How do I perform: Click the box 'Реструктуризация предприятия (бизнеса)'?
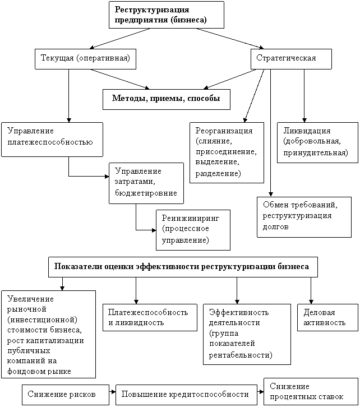click(167, 15)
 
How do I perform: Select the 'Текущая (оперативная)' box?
click(85, 59)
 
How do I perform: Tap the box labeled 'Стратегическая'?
click(291, 59)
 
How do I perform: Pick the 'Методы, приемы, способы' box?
click(167, 99)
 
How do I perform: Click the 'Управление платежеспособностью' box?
click(52, 140)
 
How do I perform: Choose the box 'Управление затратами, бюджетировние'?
click(146, 183)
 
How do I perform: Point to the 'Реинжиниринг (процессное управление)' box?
click(193, 230)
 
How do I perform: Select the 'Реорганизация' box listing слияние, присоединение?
click(227, 152)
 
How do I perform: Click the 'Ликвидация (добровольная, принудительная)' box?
click(318, 142)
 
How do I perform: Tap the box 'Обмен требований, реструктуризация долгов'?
click(304, 217)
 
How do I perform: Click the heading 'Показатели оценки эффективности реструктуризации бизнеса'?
click(183, 267)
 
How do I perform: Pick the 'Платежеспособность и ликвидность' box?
click(150, 317)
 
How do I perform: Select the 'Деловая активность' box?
click(327, 317)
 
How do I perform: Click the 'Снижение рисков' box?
click(66, 395)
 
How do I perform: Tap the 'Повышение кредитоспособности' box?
click(186, 395)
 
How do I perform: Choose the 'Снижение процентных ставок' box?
click(311, 391)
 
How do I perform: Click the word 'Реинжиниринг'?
click(191, 218)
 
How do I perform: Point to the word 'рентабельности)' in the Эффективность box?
click(241, 355)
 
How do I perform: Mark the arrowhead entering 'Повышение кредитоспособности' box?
click(113, 392)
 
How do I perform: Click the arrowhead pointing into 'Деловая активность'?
click(311, 302)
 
